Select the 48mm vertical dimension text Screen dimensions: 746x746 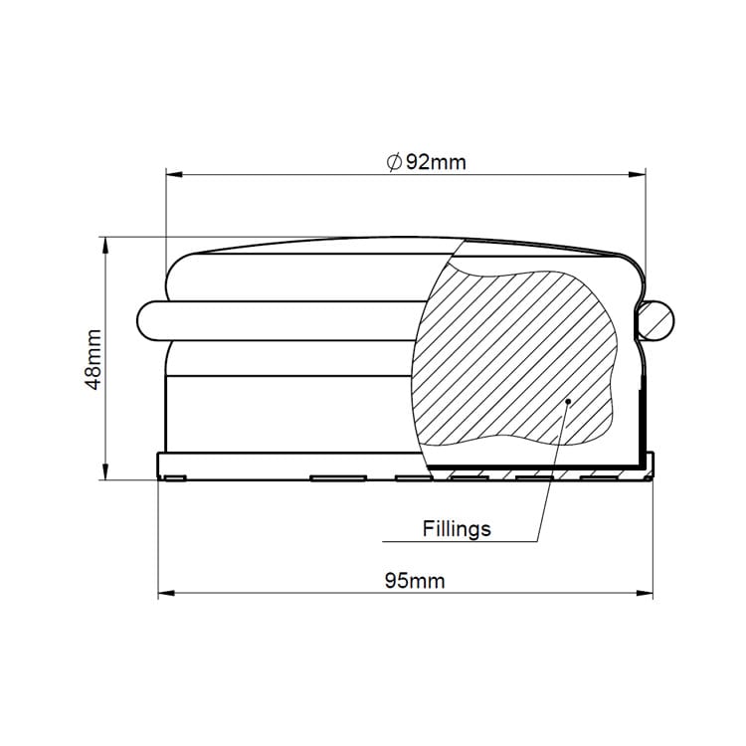tap(93, 358)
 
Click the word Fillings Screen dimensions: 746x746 tap(456, 528)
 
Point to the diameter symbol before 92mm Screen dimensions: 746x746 tap(393, 162)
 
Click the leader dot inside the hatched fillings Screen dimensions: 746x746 tap(567, 402)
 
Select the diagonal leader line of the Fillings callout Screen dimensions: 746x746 tap(553, 467)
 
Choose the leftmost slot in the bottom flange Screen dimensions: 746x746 tap(174, 478)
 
